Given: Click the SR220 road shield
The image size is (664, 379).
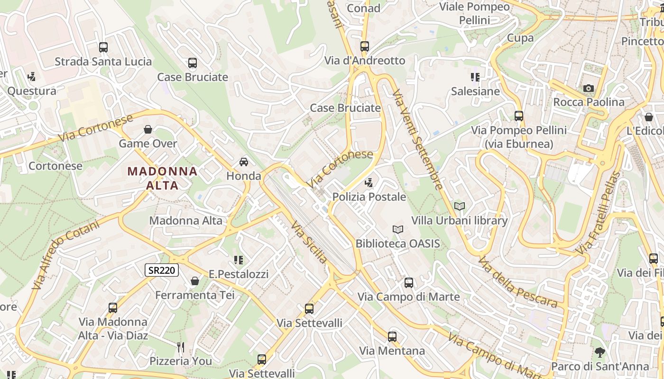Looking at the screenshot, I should [162, 271].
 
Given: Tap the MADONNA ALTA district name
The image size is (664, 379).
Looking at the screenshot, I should [163, 178].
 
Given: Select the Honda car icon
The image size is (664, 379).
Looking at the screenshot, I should [244, 162].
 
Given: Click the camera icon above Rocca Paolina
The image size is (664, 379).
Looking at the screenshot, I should [588, 88].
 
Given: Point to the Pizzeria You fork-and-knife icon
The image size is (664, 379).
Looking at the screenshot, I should [181, 347].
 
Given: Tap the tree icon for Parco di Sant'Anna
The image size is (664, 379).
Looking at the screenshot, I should [600, 352].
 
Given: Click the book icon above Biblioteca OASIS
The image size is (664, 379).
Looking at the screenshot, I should [398, 230].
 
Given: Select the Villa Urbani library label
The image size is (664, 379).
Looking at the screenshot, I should [459, 220].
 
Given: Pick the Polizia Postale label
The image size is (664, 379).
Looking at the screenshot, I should [369, 197].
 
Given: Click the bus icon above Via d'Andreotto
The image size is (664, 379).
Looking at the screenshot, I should [364, 46].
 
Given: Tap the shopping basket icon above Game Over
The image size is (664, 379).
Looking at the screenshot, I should [148, 129].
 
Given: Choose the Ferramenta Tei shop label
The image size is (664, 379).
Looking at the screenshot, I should [195, 295].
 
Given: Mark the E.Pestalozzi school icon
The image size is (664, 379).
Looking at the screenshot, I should [239, 260].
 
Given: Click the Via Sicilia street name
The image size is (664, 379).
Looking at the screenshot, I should [309, 242].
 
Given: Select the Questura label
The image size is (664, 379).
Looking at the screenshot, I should [32, 90].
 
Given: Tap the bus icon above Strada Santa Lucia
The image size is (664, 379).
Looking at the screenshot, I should [103, 47].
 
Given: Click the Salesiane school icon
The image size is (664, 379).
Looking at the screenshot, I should [475, 77].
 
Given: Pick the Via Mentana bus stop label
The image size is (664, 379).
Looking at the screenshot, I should [392, 351].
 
